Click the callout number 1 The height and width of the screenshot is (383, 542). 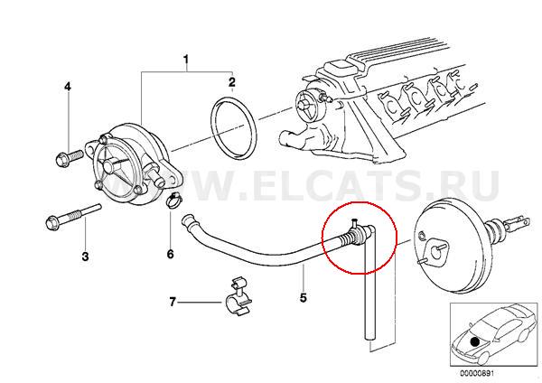pos(185,60)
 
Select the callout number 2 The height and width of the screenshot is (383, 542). pos(231,82)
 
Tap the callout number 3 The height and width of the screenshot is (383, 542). pos(85,257)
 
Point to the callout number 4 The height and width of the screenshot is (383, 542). pos(68,87)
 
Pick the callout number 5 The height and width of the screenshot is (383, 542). pos(304,297)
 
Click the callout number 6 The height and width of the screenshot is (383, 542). pos(170,255)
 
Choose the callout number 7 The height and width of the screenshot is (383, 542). pos(173,302)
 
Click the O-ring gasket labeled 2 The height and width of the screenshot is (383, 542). pos(234,129)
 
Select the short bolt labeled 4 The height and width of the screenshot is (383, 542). pos(69,157)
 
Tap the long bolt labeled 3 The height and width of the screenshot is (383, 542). pos(72,217)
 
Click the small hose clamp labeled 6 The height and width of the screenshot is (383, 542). pos(173,201)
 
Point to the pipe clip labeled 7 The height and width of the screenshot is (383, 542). pos(238,296)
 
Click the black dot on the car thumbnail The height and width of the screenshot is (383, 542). pos(475,341)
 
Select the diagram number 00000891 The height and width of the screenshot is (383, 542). pos(477,373)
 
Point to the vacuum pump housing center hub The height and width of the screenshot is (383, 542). pos(111,165)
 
